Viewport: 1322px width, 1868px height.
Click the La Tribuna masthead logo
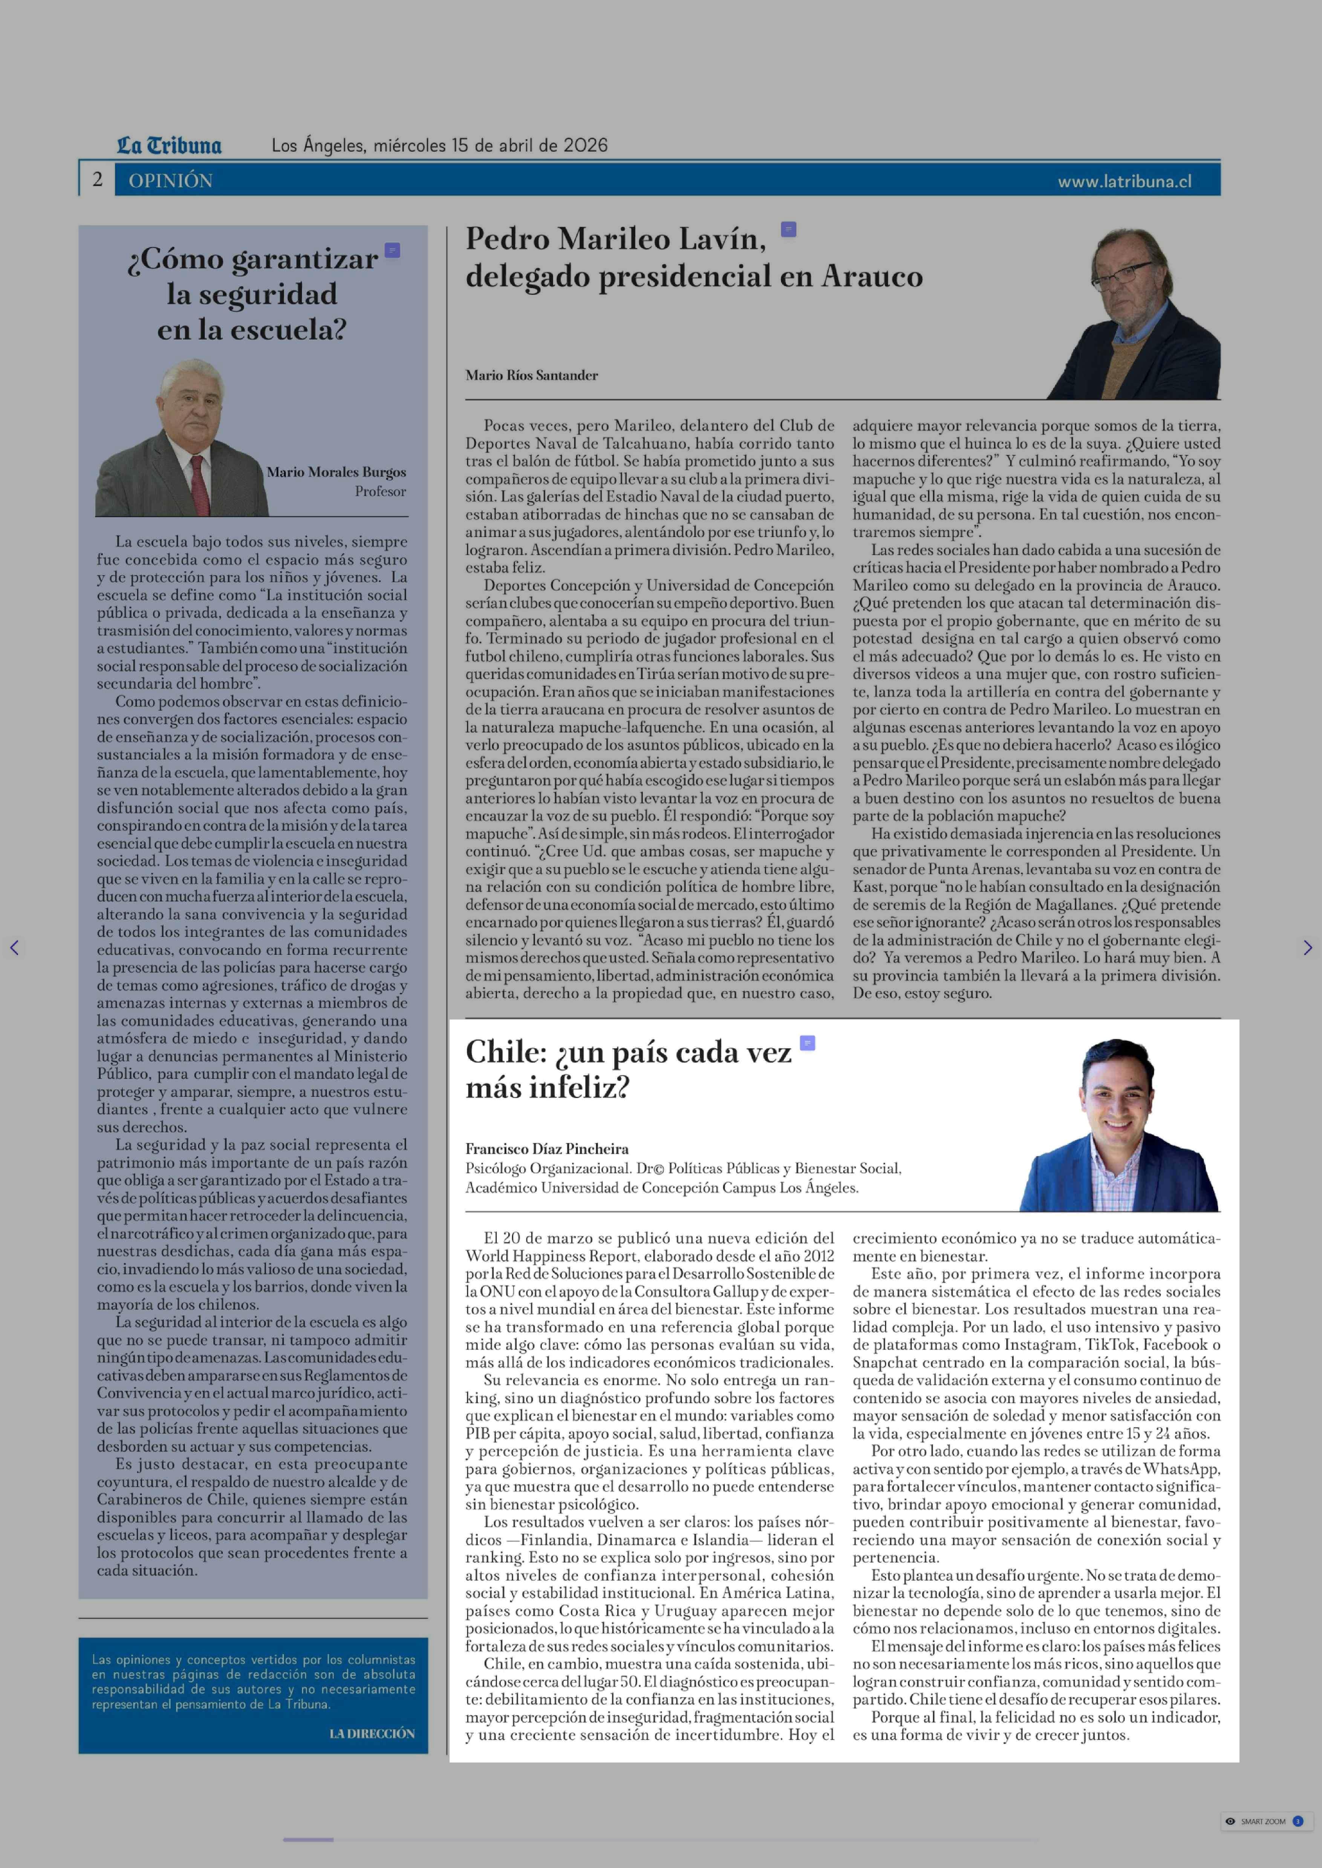(x=169, y=146)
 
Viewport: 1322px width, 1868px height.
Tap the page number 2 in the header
(x=98, y=180)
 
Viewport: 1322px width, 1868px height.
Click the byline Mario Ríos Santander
(x=532, y=375)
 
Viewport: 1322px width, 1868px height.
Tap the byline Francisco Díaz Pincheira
(x=547, y=1148)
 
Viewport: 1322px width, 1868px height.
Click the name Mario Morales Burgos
(x=336, y=472)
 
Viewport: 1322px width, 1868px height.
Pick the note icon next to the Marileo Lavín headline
(x=788, y=229)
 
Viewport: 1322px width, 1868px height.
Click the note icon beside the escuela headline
(x=392, y=250)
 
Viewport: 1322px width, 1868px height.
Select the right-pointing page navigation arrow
(x=1307, y=948)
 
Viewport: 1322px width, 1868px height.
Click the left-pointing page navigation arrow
(x=14, y=948)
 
